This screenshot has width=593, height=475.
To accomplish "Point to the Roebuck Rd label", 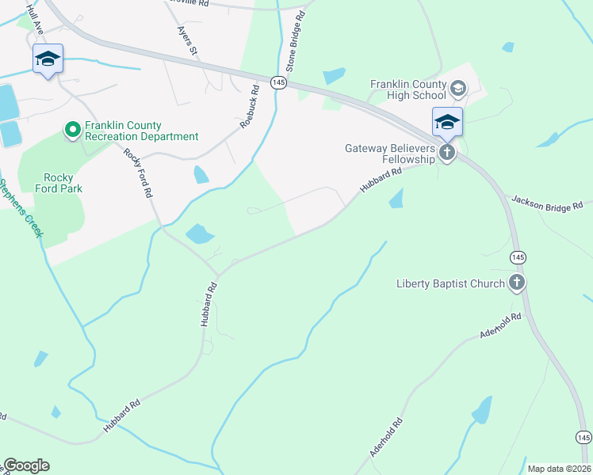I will (251, 106).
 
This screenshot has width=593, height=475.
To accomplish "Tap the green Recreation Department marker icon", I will (72, 128).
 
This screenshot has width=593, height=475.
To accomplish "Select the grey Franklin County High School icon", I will (457, 88).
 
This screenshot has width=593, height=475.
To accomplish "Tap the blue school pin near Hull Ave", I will (48, 58).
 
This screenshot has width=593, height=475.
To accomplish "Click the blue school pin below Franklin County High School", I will (447, 121).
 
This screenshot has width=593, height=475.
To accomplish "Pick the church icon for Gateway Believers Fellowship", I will (447, 153).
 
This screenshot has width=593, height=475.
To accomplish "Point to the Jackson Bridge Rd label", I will (548, 202).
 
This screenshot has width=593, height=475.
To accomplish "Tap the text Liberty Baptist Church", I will (450, 283).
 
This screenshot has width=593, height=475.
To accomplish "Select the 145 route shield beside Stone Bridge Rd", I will (278, 82).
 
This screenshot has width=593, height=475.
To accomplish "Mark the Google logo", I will (26, 465).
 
